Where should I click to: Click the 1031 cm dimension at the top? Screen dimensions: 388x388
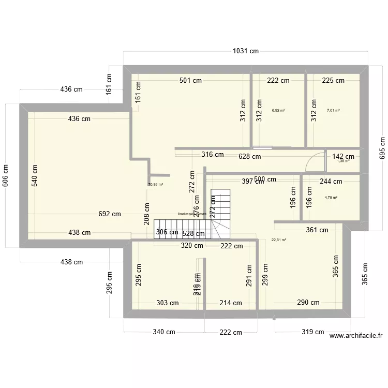point(245,51)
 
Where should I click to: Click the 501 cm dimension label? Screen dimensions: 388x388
point(190,80)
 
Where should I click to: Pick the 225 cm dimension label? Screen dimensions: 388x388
point(333,80)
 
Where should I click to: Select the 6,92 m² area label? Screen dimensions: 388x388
point(278,110)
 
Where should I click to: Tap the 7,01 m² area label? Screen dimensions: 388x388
point(334,110)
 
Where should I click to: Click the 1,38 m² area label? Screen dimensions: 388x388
point(343,161)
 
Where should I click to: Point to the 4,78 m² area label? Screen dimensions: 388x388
point(331,197)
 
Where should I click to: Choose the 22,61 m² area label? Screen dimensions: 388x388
point(279,240)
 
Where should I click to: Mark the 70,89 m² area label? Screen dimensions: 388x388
point(155,184)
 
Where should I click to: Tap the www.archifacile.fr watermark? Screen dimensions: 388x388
point(355,336)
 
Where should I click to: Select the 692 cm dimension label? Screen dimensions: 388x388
point(110,214)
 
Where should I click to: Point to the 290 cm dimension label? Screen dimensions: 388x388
point(308,303)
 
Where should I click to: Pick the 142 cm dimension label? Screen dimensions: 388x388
point(343,156)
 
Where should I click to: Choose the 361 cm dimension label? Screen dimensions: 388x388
point(317,230)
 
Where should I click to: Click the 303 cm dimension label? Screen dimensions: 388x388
point(168,303)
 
